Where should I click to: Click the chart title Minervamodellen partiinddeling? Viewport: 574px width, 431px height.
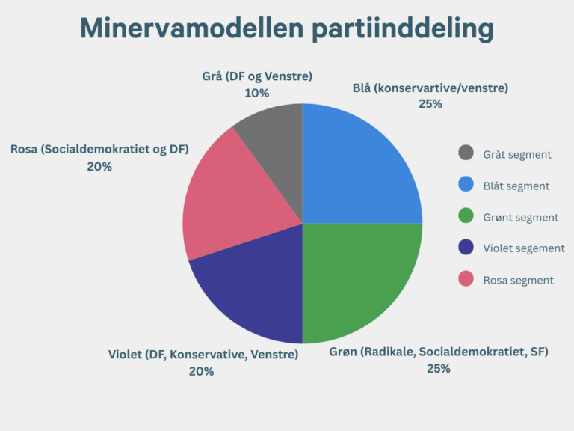[287, 28]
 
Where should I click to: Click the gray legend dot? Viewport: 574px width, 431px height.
[466, 153]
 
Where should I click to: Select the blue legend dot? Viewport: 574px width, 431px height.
[466, 185]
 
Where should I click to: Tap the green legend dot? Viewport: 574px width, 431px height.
[466, 216]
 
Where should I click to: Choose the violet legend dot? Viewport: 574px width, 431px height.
[466, 248]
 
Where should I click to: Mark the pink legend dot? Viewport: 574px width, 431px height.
[466, 279]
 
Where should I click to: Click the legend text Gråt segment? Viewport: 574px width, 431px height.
[517, 154]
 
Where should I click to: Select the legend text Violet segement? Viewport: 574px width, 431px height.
[523, 248]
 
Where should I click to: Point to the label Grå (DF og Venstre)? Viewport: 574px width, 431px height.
[257, 76]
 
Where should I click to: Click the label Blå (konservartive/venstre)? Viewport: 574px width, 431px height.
[430, 88]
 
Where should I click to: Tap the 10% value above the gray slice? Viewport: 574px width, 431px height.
[256, 94]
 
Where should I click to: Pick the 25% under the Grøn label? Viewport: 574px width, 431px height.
[439, 369]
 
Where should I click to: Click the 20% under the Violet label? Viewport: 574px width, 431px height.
[202, 371]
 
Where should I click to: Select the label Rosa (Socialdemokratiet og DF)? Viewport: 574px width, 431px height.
[99, 150]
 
